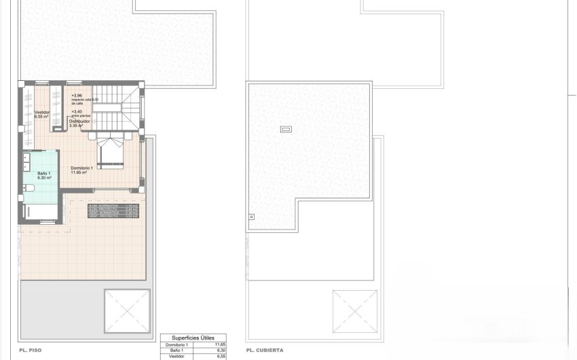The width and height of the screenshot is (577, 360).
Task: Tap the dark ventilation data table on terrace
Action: coord(114,211)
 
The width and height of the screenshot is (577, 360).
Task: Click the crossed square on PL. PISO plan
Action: coord(126,310)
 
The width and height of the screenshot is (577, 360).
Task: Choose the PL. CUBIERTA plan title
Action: coord(265,350)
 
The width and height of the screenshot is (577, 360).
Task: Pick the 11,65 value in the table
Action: coord(219,345)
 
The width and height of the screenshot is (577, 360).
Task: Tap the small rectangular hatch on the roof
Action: coord(286,128)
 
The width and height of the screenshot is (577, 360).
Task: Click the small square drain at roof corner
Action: coord(252,217)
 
